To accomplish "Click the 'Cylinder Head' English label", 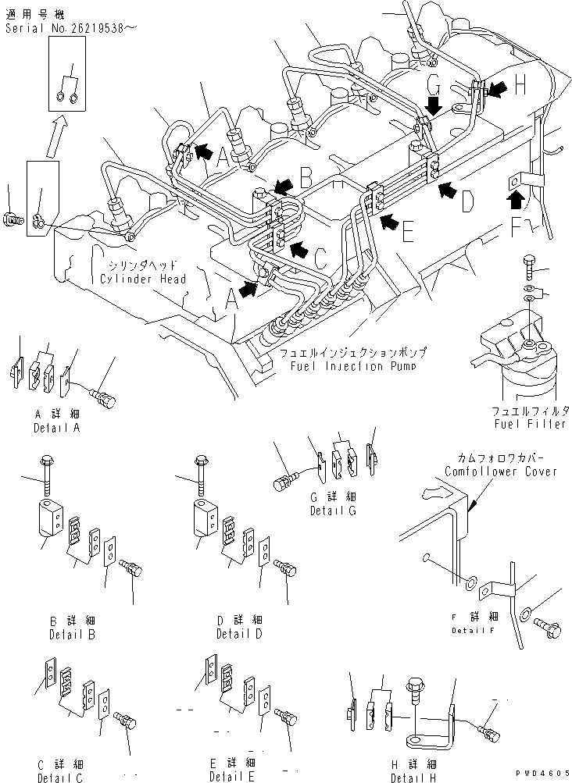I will tap(142, 279).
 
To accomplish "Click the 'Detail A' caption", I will tap(57, 428).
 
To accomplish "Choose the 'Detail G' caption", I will tap(332, 511).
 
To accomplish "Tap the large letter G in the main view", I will tap(435, 85).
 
